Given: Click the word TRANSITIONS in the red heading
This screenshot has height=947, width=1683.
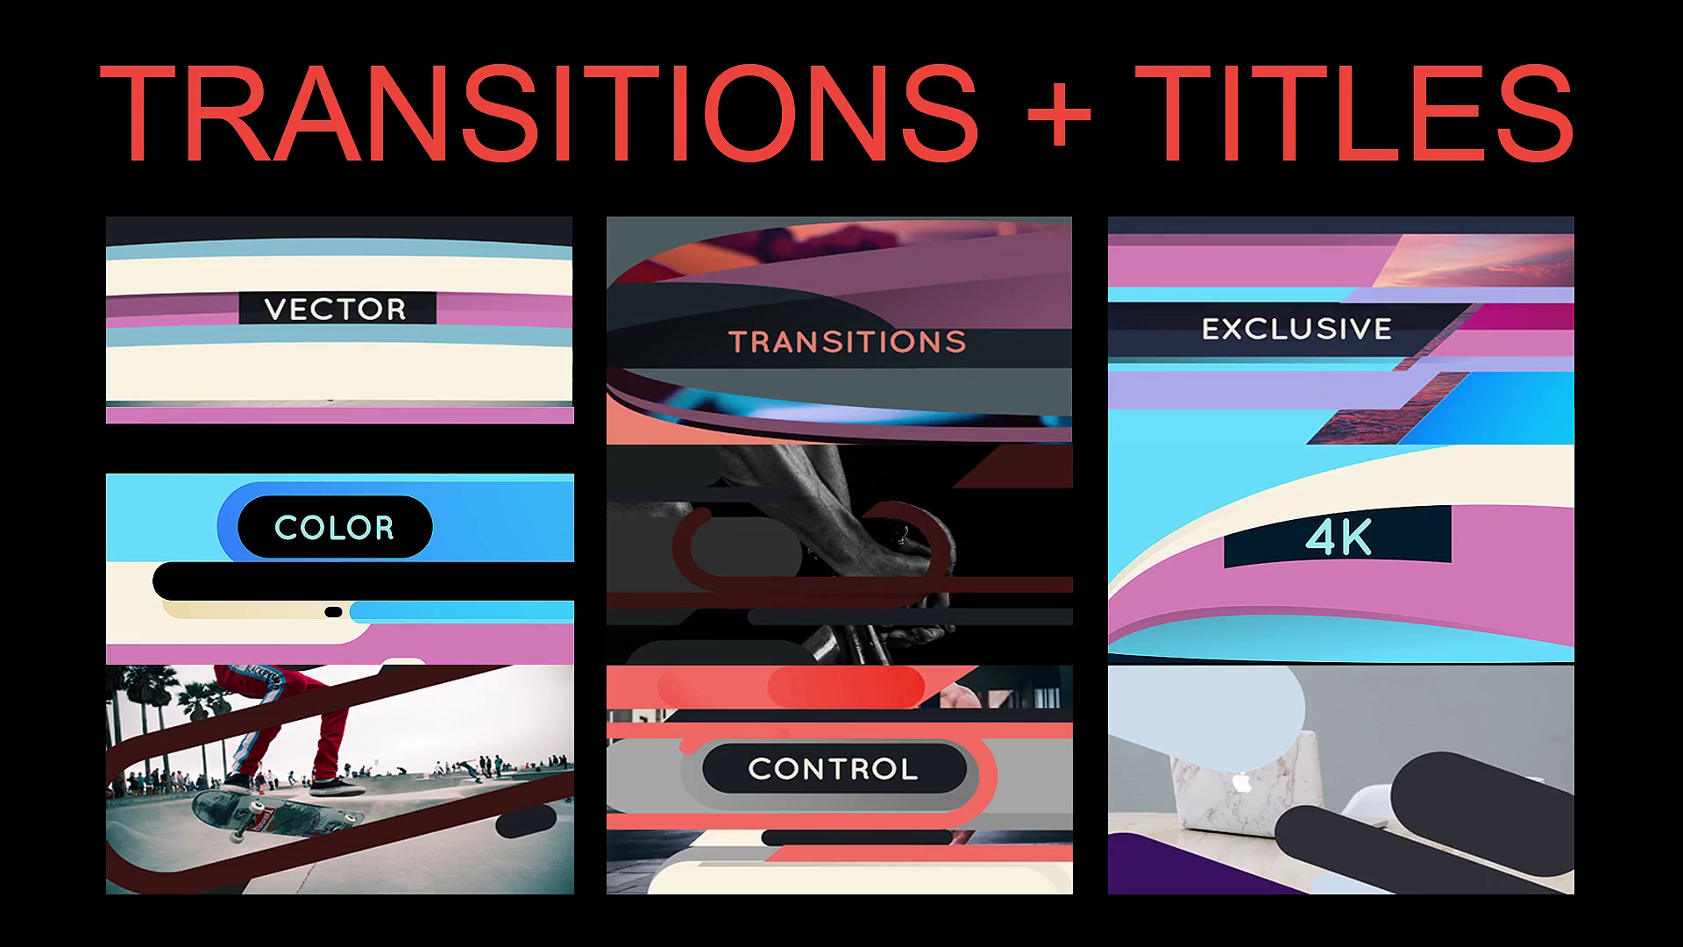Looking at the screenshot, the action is [538, 111].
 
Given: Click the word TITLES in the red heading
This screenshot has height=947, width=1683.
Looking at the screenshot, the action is [1354, 111].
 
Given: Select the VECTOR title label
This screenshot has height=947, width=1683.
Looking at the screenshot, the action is [337, 309].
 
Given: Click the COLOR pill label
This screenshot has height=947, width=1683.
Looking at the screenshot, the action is [335, 527].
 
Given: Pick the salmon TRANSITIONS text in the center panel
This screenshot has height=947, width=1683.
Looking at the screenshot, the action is [847, 341].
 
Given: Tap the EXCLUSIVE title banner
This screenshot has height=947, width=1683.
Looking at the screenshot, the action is [1296, 329].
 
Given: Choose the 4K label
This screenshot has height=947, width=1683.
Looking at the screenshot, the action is [1338, 536].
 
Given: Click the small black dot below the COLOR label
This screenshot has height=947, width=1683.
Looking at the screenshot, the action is [333, 611].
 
